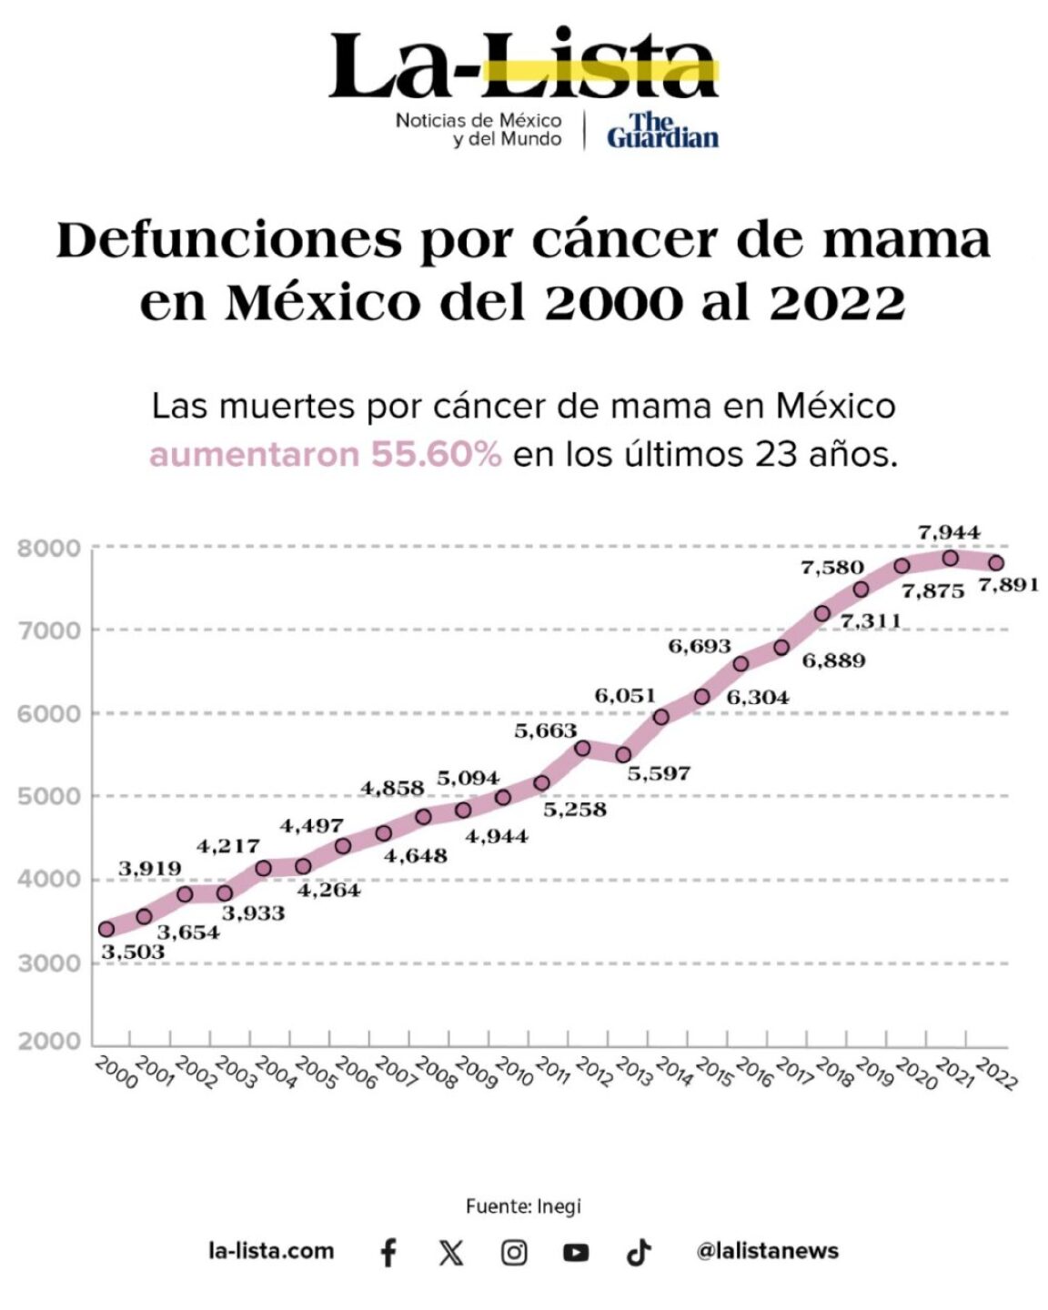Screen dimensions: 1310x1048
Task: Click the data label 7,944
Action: click(949, 532)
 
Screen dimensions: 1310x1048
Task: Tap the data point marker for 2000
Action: click(106, 929)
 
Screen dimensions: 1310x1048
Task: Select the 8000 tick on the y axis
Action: click(49, 549)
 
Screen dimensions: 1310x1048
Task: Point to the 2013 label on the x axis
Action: click(634, 1073)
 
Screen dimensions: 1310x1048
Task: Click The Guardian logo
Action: click(662, 130)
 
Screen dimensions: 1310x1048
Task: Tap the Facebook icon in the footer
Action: click(388, 1253)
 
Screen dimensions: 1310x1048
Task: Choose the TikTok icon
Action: click(639, 1253)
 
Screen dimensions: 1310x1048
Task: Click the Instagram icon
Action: click(514, 1253)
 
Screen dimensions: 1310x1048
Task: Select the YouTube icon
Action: click(576, 1253)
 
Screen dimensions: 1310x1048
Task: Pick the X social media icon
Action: click(450, 1253)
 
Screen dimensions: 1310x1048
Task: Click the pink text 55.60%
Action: click(436, 454)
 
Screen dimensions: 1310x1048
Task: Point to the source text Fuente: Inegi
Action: click(523, 1206)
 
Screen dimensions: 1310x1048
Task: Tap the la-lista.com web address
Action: click(271, 1251)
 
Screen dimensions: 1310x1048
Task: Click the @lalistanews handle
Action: click(767, 1251)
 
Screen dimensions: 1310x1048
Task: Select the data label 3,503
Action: click(133, 952)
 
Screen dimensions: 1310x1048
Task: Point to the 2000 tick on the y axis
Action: click(49, 1042)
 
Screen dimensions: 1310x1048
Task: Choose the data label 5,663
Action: click(546, 730)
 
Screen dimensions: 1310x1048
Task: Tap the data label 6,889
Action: click(833, 660)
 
